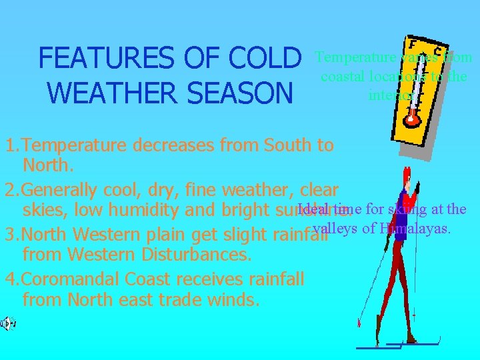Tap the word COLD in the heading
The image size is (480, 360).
click(x=264, y=59)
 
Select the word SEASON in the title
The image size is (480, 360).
click(x=243, y=93)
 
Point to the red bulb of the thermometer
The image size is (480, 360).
click(x=411, y=120)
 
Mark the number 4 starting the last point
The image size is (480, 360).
click(x=9, y=278)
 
